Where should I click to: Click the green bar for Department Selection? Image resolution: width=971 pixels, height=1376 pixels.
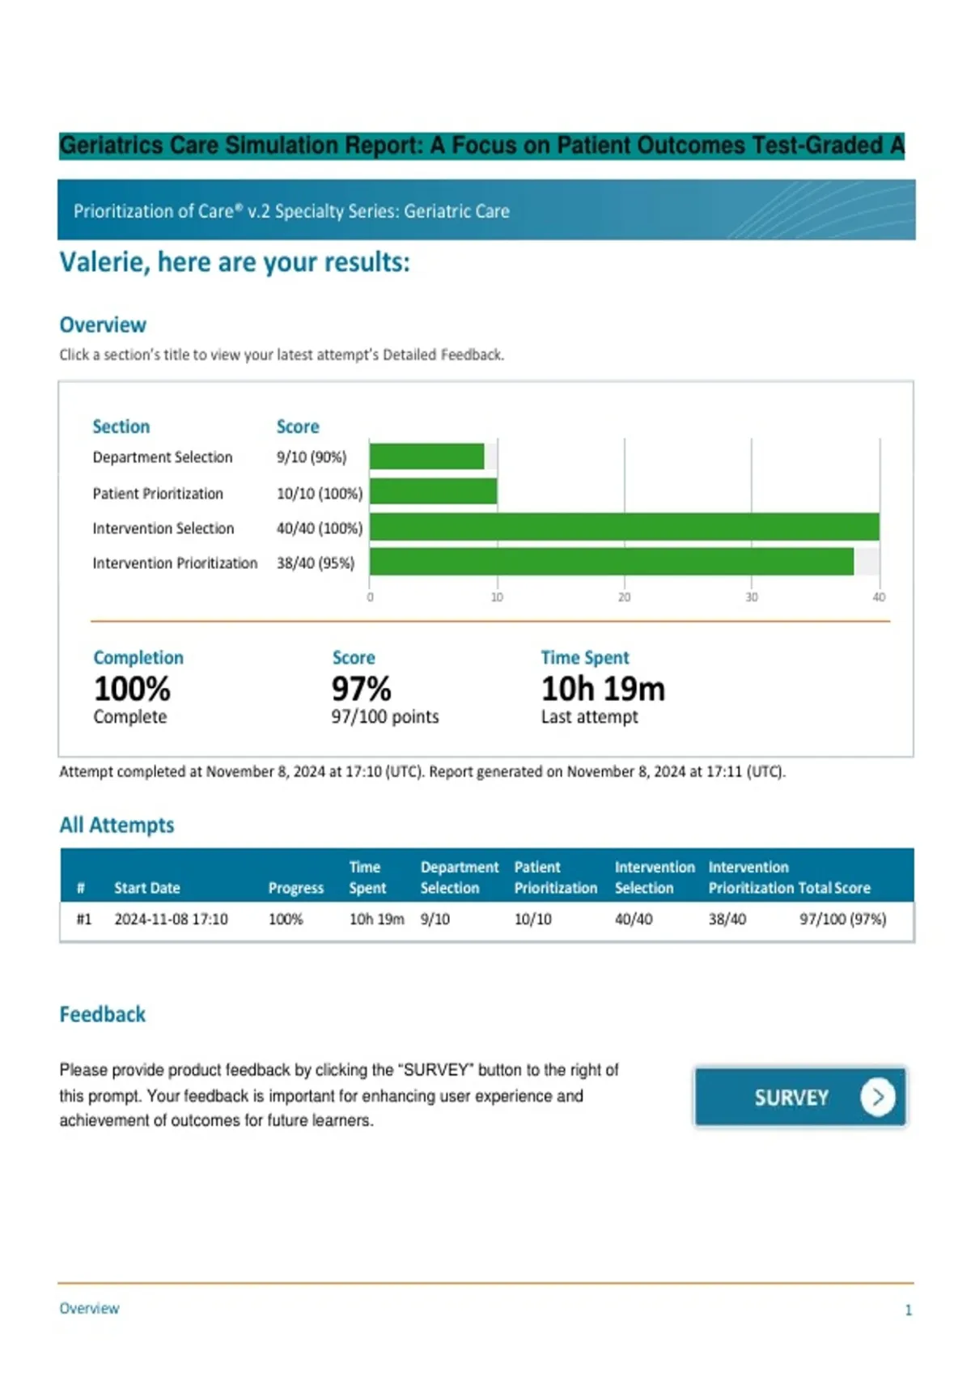pos(427,457)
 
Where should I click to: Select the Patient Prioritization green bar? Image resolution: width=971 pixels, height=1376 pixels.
pos(433,491)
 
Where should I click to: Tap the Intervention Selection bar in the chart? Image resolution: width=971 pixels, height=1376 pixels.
pos(624,527)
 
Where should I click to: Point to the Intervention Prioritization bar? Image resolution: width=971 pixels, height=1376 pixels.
pos(611,562)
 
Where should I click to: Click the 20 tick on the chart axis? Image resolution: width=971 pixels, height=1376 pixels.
pos(624,597)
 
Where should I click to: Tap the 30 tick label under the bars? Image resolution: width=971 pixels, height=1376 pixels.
pos(751,597)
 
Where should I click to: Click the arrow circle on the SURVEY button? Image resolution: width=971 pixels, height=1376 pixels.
pos(877,1097)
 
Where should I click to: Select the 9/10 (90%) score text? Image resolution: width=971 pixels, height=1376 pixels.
pos(312,457)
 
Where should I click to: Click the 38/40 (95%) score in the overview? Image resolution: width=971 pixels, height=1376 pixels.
pos(315,563)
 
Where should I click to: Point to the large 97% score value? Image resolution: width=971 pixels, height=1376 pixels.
pos(361,689)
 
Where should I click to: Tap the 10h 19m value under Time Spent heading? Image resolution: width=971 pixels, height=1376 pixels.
pos(603,689)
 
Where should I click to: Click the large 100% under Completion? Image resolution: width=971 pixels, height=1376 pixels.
pos(132,689)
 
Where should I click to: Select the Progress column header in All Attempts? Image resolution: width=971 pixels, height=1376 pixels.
pos(295,888)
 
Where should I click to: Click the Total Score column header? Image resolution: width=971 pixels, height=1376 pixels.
pos(834,888)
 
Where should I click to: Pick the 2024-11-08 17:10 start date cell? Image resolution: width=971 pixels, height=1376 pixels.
pos(171,919)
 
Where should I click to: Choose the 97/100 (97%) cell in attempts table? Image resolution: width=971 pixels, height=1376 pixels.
pos(842,919)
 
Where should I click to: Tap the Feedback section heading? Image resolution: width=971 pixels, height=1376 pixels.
pos(103,1014)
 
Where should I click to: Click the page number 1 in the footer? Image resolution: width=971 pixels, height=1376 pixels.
pos(908,1310)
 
